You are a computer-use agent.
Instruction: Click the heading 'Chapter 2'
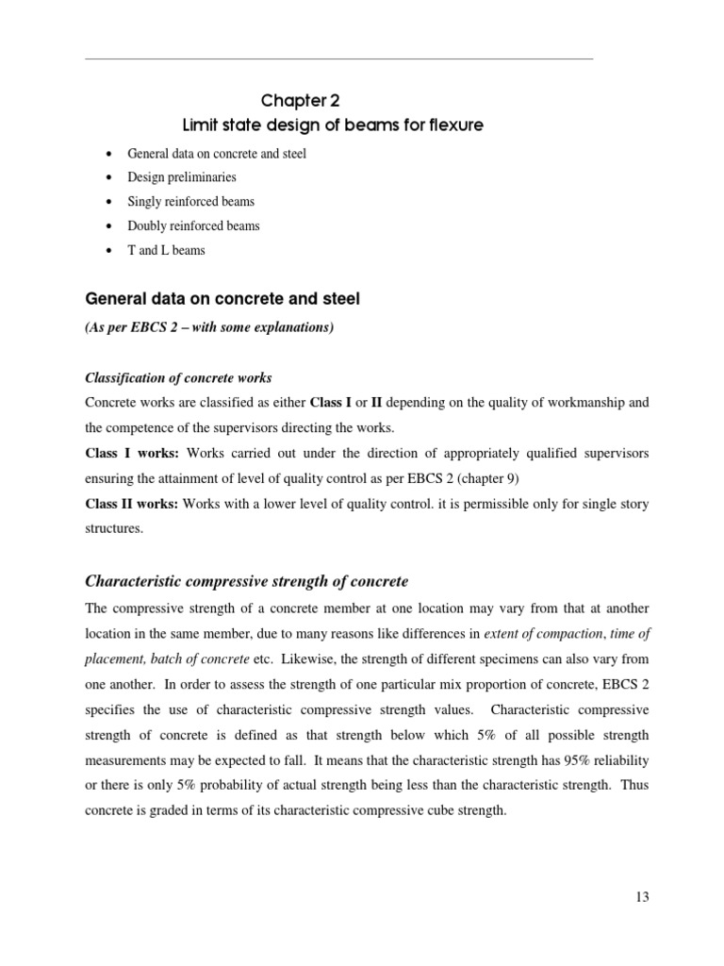click(296, 101)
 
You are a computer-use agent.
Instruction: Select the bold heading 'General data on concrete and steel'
click(222, 299)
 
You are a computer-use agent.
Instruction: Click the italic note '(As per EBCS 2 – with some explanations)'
click(208, 326)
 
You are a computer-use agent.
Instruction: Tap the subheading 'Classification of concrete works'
click(178, 378)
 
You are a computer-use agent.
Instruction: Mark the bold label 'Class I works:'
click(129, 454)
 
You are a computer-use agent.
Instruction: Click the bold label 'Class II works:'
click(132, 505)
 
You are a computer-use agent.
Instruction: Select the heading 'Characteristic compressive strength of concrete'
click(247, 580)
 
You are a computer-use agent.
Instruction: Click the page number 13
click(641, 896)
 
